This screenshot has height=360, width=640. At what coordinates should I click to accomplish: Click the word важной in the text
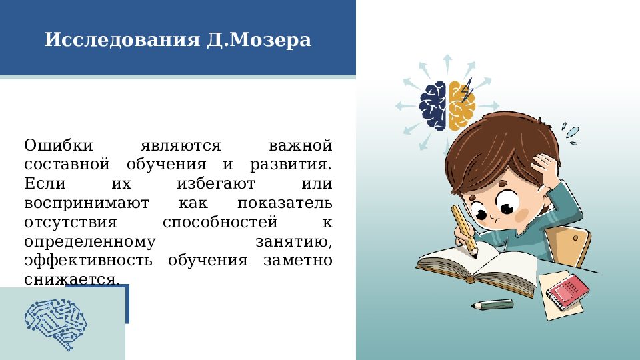[x=300, y=145]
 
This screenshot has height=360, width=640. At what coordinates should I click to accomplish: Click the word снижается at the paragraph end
[x=72, y=279]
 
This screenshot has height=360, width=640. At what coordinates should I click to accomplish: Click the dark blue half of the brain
[x=433, y=105]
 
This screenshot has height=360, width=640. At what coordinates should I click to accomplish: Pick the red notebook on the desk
[x=567, y=291]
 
